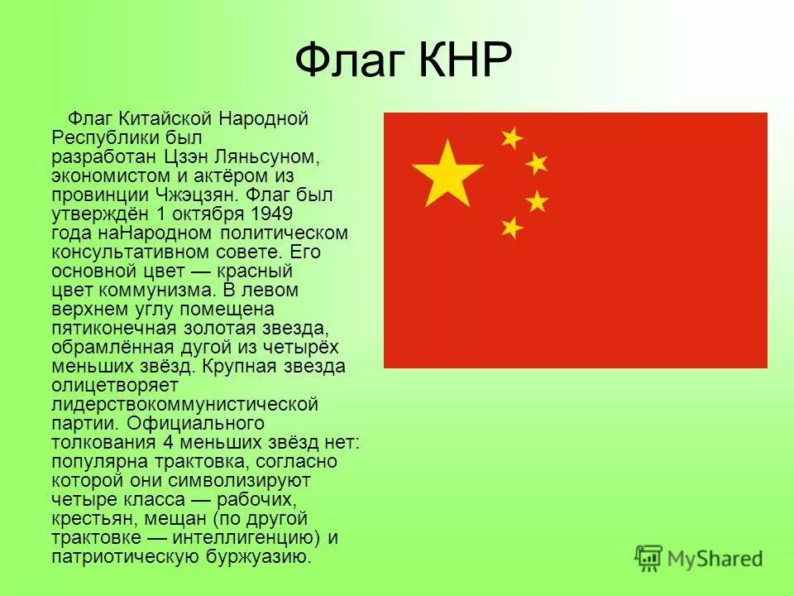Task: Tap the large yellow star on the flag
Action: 447,173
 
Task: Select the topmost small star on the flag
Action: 512,137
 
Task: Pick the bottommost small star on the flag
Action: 512,227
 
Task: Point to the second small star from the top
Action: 537,163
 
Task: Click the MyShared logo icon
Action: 650,556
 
